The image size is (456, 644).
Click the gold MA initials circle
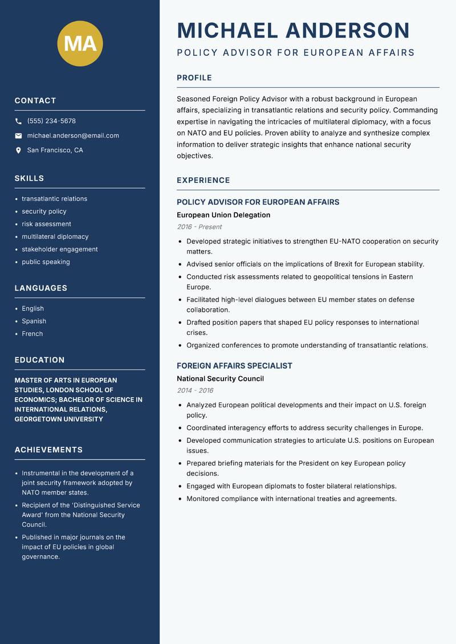[80, 43]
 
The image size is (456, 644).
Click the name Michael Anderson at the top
[293, 31]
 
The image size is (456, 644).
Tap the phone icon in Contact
[18, 121]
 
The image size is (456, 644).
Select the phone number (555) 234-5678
[51, 121]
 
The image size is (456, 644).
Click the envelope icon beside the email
[18, 136]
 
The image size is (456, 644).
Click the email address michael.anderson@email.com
[73, 136]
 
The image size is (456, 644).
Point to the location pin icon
[18, 150]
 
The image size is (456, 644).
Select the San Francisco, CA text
[55, 150]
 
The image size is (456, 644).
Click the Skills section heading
[29, 178]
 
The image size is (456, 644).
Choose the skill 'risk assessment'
[46, 224]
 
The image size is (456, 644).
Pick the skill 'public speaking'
[46, 262]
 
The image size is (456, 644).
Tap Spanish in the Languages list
[34, 321]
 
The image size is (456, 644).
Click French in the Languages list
[32, 334]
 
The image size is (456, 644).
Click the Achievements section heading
[48, 450]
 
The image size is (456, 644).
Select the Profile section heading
[194, 78]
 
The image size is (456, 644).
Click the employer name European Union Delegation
[223, 215]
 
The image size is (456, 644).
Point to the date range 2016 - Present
[199, 227]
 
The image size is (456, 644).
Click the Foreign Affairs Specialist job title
[234, 366]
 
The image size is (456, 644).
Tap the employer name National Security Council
[220, 378]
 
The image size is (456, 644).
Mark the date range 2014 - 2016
[195, 390]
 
